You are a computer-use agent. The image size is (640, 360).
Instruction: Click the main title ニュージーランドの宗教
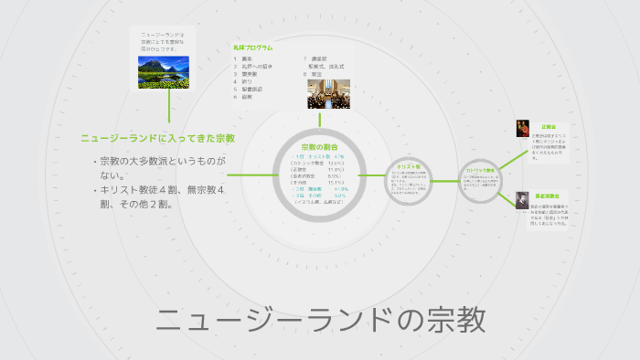pyautogui.click(x=319, y=320)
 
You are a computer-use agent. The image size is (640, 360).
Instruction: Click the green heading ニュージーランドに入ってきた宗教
pyautogui.click(x=157, y=139)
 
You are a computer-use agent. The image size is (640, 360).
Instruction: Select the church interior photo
pyautogui.click(x=328, y=94)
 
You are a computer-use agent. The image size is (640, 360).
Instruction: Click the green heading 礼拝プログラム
pyautogui.click(x=253, y=48)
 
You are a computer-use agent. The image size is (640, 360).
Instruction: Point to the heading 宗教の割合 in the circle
pyautogui.click(x=320, y=147)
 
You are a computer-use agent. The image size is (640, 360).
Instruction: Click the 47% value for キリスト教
pyautogui.click(x=337, y=157)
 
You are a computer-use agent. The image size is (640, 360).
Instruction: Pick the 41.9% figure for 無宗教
pyautogui.click(x=339, y=188)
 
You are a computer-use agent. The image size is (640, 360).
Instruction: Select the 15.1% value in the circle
pyautogui.click(x=336, y=182)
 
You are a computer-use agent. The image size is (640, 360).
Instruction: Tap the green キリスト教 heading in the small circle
pyautogui.click(x=409, y=166)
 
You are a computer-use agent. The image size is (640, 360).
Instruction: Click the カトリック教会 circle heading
pyautogui.click(x=480, y=171)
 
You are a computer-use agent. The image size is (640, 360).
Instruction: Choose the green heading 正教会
pyautogui.click(x=549, y=127)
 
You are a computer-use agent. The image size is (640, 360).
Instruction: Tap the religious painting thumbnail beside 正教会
pyautogui.click(x=522, y=129)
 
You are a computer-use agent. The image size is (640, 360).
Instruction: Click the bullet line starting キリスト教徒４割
pyautogui.click(x=157, y=196)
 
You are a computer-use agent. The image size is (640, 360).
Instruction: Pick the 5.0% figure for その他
pyautogui.click(x=339, y=195)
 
